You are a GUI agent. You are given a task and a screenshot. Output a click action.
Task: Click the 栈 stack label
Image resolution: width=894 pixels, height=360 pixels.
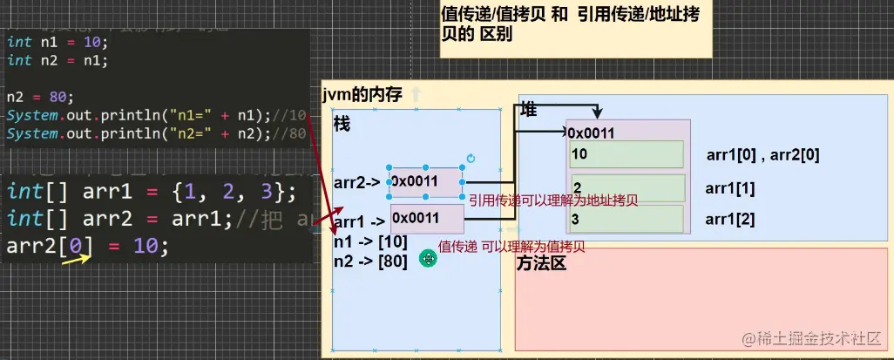coord(342,125)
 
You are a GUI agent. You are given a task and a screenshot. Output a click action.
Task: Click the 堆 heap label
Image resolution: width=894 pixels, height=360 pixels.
coord(528,110)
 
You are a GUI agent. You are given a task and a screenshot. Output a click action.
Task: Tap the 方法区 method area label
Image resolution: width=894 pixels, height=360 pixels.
coord(541,262)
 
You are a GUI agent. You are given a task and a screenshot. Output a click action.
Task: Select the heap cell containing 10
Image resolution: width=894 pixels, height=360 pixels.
coord(626,154)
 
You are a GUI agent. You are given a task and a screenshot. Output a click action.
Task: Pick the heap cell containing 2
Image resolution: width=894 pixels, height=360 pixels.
coord(626,187)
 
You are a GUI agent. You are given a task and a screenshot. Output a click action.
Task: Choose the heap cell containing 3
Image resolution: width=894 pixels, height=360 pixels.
coord(626,218)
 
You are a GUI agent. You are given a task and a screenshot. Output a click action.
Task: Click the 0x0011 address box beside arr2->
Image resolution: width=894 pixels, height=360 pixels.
coord(426,181)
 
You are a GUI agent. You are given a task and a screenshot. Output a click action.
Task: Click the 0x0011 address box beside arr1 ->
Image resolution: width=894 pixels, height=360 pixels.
coord(426,218)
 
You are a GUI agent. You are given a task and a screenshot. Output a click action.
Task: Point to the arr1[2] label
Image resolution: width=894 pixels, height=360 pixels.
coord(730,218)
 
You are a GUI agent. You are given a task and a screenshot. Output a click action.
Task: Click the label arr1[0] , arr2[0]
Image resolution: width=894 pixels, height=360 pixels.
coord(762,155)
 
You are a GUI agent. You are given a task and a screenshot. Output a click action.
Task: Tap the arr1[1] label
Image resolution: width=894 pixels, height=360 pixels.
coord(730,188)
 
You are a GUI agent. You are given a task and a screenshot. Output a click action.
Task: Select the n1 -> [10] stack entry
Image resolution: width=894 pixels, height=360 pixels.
coord(370,241)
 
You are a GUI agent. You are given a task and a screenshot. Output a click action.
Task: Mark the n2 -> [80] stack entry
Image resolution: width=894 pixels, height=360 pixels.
coord(370,259)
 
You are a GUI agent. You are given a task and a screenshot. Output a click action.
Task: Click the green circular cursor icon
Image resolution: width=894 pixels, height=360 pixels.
coord(427,258)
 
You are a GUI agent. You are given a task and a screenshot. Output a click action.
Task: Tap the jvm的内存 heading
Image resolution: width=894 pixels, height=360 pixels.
coord(362,95)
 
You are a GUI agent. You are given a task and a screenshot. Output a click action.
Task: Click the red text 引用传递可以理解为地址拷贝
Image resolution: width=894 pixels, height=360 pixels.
coord(553,200)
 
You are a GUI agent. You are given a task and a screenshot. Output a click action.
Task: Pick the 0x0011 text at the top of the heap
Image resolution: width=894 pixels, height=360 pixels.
coord(592,133)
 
